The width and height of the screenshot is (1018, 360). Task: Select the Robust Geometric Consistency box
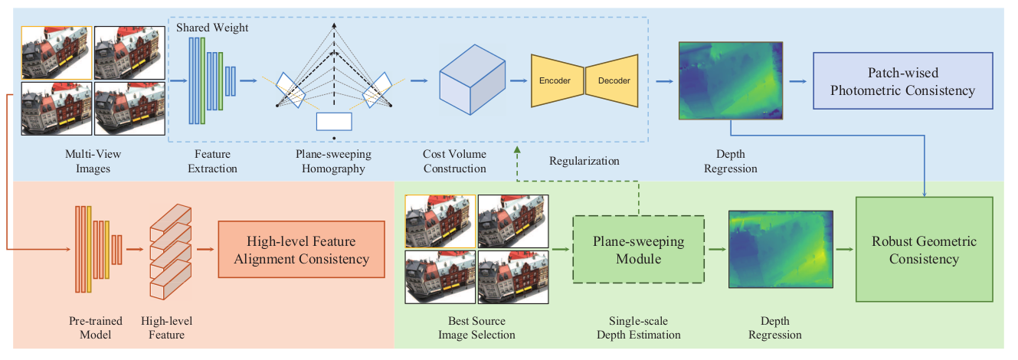pos(923,250)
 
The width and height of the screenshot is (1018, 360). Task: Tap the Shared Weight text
pos(212,28)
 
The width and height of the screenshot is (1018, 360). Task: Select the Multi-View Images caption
pos(93,162)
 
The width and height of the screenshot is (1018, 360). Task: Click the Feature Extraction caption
pos(212,162)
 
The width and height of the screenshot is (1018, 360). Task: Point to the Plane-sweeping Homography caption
pos(333,162)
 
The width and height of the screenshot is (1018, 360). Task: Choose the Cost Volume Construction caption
pos(455,162)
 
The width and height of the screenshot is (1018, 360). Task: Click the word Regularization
pos(584,161)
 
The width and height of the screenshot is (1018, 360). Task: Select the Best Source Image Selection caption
pos(476,328)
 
